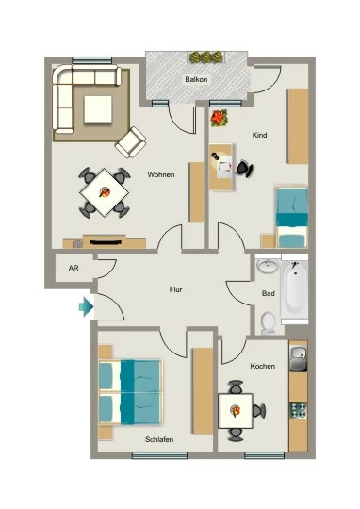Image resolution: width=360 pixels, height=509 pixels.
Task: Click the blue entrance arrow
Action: [86, 306]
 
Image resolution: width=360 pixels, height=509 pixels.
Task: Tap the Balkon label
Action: [196, 79]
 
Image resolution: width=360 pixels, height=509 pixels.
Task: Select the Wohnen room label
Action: [161, 174]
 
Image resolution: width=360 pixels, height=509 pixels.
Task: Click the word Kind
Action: [260, 135]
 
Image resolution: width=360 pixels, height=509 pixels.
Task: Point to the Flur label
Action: [175, 289]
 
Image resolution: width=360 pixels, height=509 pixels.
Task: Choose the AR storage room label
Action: [74, 268]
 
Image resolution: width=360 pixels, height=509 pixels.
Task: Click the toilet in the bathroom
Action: [269, 323]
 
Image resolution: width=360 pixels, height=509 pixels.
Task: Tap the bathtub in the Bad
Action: [295, 289]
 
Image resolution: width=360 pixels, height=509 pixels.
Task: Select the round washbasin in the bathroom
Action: [268, 266]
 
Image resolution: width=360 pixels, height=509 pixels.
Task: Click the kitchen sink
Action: [298, 359]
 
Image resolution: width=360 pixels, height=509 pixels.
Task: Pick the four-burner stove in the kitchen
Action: [298, 410]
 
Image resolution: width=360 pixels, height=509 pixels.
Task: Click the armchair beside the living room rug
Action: [130, 142]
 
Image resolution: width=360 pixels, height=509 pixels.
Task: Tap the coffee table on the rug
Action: [98, 109]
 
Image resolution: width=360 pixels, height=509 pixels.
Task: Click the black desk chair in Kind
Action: [244, 169]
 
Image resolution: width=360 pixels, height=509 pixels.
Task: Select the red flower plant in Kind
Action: [220, 118]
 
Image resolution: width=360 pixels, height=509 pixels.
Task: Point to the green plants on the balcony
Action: [206, 57]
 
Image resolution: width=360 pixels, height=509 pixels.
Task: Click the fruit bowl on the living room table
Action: [105, 192]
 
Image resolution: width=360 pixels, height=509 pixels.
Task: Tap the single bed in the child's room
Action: [292, 217]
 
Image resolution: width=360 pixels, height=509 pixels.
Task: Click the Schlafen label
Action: [159, 439]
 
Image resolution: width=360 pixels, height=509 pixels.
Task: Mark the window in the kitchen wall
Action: [264, 455]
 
